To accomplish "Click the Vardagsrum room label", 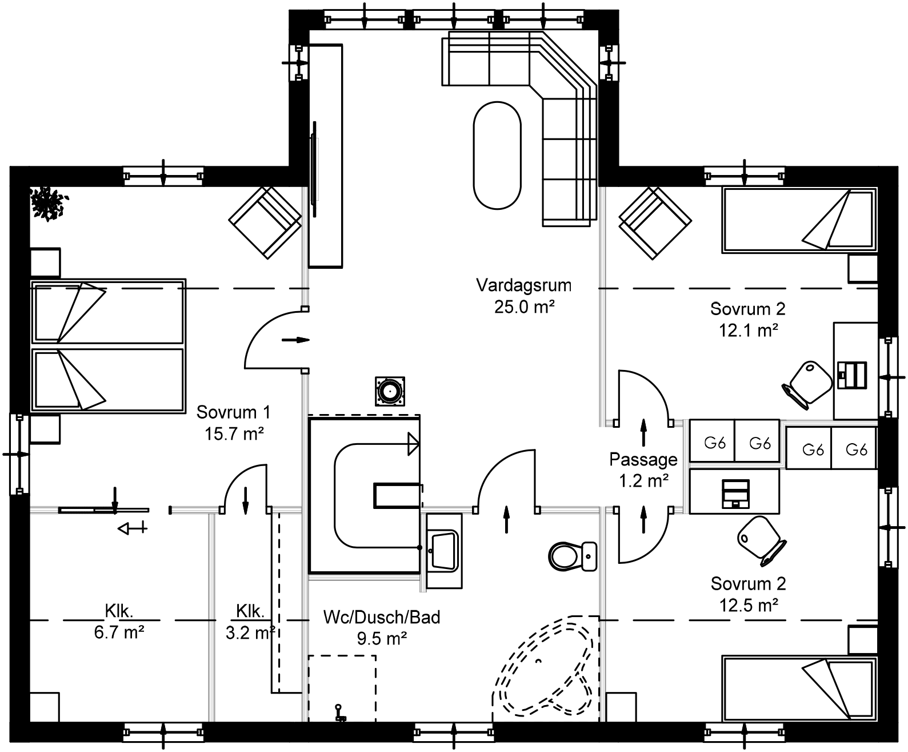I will (x=524, y=285).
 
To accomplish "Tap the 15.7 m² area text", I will (x=234, y=434).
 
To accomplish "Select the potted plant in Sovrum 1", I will (x=49, y=202).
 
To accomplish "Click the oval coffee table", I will (x=497, y=154).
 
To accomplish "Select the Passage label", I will (x=643, y=460).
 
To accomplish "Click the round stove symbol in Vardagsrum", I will (x=390, y=392).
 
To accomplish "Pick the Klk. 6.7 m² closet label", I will (x=119, y=611).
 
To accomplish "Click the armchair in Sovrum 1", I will (x=265, y=222).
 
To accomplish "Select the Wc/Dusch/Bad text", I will (x=382, y=618).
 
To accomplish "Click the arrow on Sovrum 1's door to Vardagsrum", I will (x=295, y=340).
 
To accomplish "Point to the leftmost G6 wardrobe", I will (x=713, y=442).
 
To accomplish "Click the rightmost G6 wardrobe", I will (x=855, y=449).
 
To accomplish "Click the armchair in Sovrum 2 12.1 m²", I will (x=655, y=222).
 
